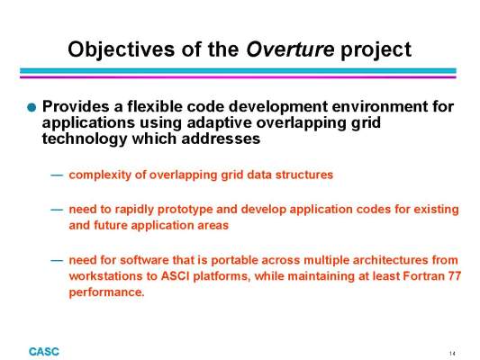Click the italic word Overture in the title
[x=290, y=49]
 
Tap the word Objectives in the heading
[x=122, y=49]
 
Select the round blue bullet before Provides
[x=32, y=107]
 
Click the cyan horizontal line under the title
[x=238, y=71]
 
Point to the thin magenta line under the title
[x=238, y=77]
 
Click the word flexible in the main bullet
[x=155, y=106]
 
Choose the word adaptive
[x=220, y=123]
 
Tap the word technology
[x=85, y=139]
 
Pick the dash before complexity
[x=57, y=175]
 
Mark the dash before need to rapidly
[x=57, y=210]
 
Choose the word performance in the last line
[x=106, y=292]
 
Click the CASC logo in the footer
[x=44, y=352]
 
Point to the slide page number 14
[x=452, y=354]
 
